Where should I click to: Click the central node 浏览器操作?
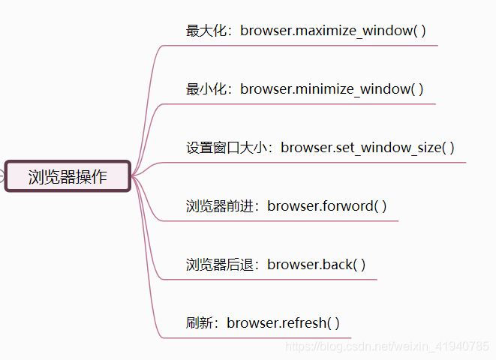68,177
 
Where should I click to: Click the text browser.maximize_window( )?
333,31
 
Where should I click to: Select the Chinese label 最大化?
206,31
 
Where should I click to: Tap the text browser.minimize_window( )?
332,89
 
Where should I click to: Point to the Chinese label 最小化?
206,89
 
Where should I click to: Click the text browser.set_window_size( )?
368,147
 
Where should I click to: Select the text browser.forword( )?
327,205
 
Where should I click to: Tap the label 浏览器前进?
220,205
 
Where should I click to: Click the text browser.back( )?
317,264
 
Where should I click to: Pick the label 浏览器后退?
220,264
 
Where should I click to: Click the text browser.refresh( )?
284,323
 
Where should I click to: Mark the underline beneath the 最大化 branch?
300,45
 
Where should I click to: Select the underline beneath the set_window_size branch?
315,162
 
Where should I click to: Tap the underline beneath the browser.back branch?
270,279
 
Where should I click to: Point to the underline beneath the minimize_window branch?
300,103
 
